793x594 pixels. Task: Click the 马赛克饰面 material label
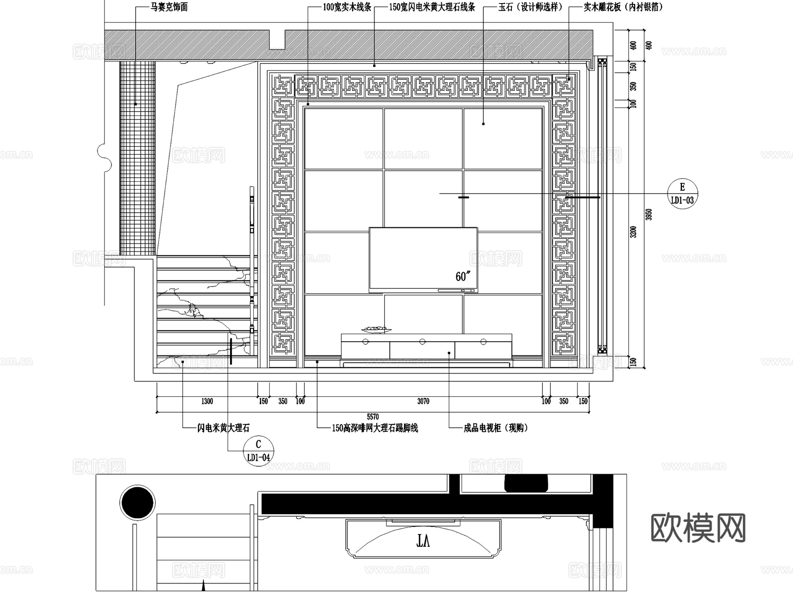169,7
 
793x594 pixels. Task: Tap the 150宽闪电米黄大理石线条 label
432,7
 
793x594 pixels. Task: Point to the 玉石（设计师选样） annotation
530,7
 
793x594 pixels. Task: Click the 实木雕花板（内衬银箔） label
623,7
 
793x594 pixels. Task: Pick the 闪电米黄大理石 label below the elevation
223,428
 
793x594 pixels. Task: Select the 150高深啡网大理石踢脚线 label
374,428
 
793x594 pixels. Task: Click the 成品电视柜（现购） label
496,428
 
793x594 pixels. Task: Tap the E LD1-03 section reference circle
682,194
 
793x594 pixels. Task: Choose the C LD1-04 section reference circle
259,451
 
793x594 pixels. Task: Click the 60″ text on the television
463,276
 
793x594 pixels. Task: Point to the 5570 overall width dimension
373,417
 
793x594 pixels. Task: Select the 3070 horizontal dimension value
423,401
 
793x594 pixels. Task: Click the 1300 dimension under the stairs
207,401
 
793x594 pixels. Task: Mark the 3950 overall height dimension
648,215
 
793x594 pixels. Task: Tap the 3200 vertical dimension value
634,232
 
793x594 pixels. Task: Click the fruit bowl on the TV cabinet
376,329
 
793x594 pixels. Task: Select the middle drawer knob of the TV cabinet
422,342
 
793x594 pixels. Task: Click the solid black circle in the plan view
137,503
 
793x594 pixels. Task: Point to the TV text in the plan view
423,541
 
